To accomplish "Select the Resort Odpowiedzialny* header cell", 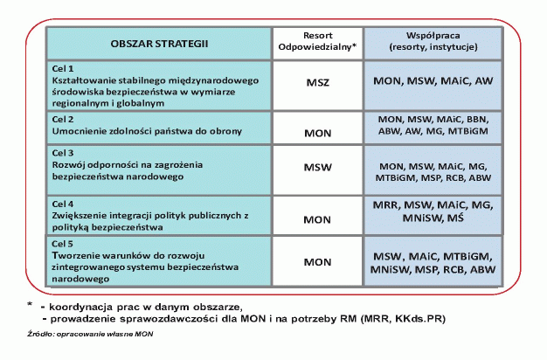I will pos(318,43).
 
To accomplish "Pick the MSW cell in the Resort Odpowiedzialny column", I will pos(318,165).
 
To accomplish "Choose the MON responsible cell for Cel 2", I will pos(318,133).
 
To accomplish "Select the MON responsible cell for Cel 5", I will pos(318,260).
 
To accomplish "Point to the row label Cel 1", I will pos(66,67).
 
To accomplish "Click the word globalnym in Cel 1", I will pos(128,102).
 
